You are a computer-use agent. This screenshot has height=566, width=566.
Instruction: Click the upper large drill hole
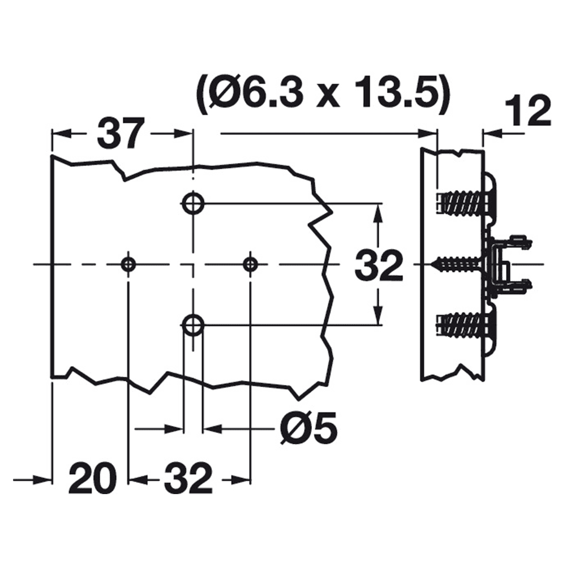[x=193, y=203]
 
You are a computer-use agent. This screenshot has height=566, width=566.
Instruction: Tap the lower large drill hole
[x=193, y=325]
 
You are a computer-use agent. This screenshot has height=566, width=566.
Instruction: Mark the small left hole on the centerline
[x=128, y=263]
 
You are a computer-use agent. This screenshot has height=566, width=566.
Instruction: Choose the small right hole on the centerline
[x=250, y=263]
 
